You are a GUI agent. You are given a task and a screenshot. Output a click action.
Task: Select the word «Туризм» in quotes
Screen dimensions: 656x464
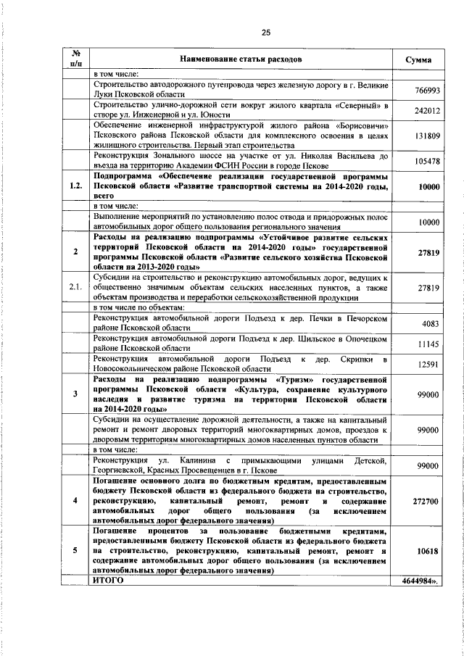(295, 379)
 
